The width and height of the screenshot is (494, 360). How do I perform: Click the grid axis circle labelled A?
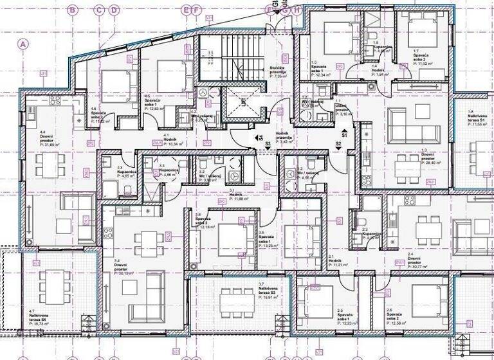coord(24,44)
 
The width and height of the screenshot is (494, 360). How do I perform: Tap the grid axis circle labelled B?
coord(73,10)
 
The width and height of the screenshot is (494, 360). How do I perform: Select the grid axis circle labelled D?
coord(114,10)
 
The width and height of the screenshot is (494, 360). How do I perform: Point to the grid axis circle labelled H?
coord(297,10)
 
